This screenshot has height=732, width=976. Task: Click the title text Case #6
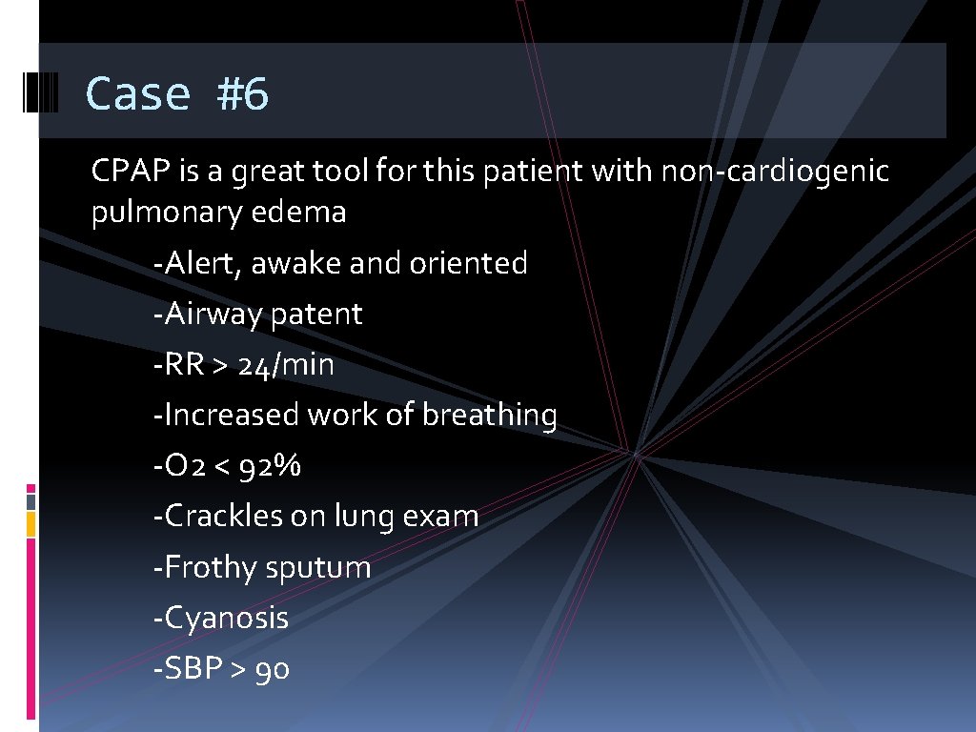(177, 93)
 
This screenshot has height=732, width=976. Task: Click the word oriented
(468, 263)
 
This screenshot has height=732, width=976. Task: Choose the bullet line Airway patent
(257, 315)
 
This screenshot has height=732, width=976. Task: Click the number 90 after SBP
(273, 669)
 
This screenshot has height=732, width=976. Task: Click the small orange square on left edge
(30, 523)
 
